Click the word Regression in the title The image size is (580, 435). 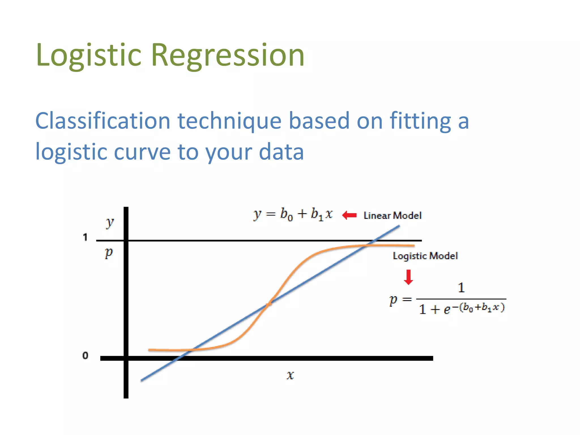[228, 55]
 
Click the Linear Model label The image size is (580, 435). [393, 216]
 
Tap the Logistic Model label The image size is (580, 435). [425, 256]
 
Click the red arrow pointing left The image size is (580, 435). [349, 216]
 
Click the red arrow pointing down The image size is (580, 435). [408, 277]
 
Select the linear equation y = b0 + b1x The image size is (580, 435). [293, 214]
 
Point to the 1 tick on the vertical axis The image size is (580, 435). [85, 237]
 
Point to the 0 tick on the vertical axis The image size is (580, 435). [85, 355]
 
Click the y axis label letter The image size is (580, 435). [110, 223]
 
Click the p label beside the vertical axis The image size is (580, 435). [109, 252]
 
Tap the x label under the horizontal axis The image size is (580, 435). [290, 375]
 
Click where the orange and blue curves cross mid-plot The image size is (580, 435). [268, 304]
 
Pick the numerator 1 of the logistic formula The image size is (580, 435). [461, 288]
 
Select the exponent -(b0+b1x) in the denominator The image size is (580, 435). [479, 307]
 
